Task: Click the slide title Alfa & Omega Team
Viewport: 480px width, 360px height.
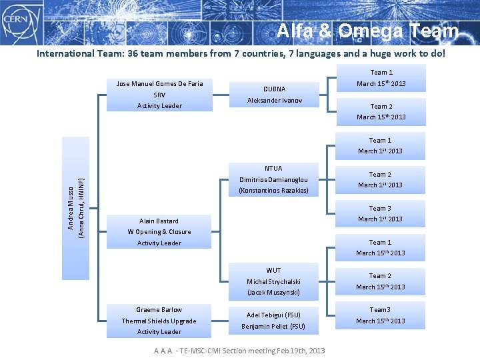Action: [x=367, y=31]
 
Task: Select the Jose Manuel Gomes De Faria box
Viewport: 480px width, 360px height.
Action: [x=159, y=94]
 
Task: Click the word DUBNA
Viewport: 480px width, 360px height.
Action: [x=273, y=89]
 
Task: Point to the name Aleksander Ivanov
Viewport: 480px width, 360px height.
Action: [x=273, y=101]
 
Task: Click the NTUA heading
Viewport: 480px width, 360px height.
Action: [x=273, y=169]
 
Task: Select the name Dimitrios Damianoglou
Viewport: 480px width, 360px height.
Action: [x=273, y=180]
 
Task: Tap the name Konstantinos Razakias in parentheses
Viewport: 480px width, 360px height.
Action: [x=273, y=191]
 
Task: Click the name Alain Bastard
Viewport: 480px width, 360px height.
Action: [x=159, y=221]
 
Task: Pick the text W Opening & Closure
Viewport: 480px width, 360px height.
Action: [x=159, y=232]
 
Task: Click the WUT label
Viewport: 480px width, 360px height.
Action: [x=273, y=271]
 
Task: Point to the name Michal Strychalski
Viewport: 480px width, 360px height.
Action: [x=273, y=282]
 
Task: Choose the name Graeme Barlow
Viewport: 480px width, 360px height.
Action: [x=159, y=310]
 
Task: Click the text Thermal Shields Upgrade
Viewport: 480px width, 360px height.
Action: [x=159, y=321]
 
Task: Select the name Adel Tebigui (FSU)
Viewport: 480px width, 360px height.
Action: [x=273, y=315]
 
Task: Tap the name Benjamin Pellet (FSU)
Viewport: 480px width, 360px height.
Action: [x=273, y=327]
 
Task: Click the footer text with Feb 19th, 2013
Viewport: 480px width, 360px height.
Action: [x=239, y=351]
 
